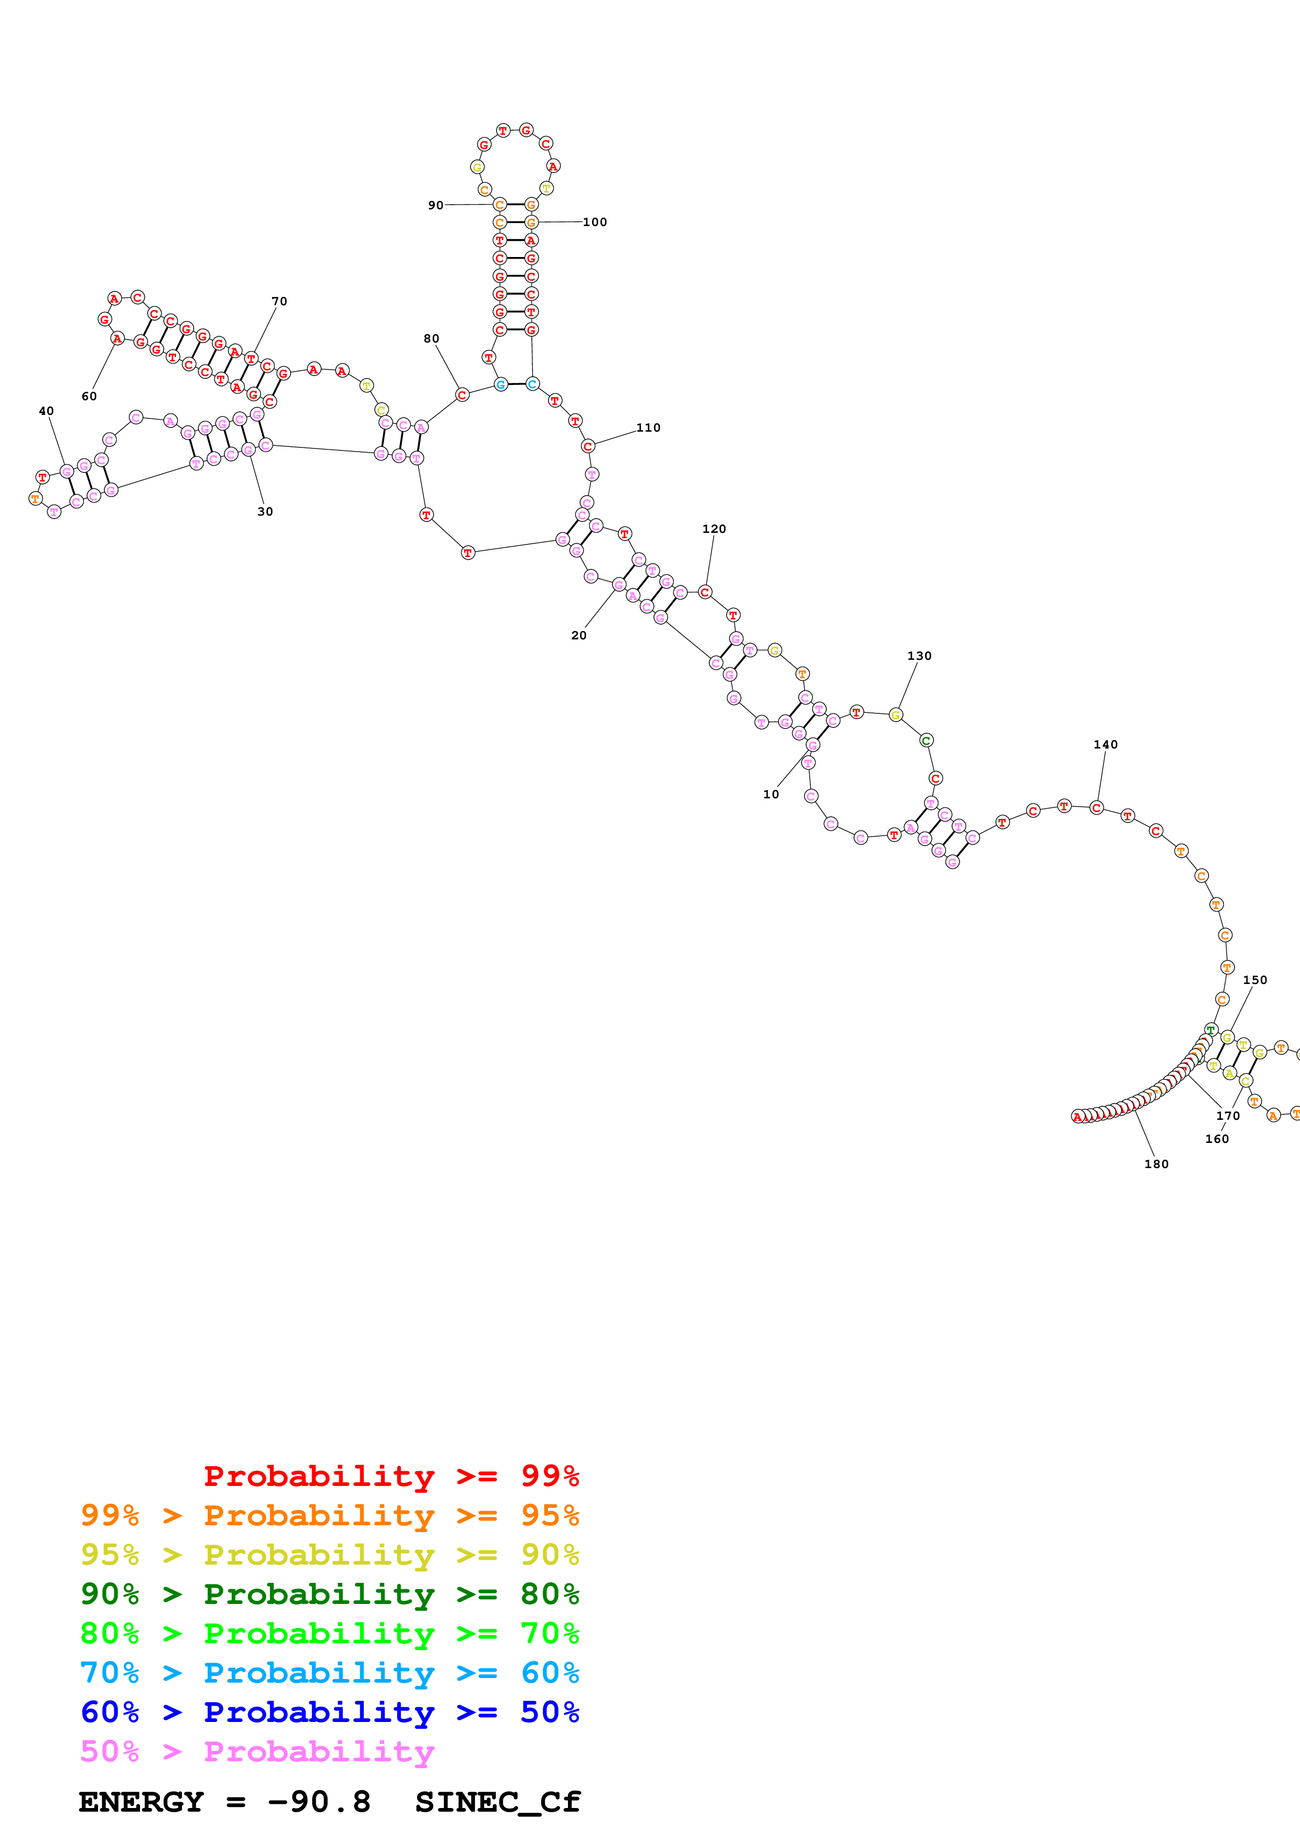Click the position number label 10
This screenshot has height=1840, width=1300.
[770, 794]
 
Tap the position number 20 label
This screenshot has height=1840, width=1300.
[578, 636]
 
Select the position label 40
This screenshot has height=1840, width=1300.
[47, 411]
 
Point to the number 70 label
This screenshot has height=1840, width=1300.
[279, 301]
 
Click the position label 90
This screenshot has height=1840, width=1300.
[435, 205]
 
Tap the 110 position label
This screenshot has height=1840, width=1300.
[648, 428]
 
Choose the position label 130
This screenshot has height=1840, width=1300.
[919, 656]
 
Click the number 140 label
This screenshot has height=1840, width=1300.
[1105, 744]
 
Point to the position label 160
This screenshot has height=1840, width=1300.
[1217, 1139]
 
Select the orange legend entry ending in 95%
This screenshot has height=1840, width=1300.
[329, 1515]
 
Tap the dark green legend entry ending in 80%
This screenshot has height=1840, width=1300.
[329, 1594]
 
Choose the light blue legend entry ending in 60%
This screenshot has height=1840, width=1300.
[329, 1673]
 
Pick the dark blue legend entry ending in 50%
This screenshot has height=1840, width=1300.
[329, 1712]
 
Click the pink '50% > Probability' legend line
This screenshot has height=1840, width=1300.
[257, 1751]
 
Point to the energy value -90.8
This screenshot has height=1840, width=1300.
[319, 1802]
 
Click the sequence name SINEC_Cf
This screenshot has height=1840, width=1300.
[498, 1802]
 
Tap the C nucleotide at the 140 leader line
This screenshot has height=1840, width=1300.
[1097, 808]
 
